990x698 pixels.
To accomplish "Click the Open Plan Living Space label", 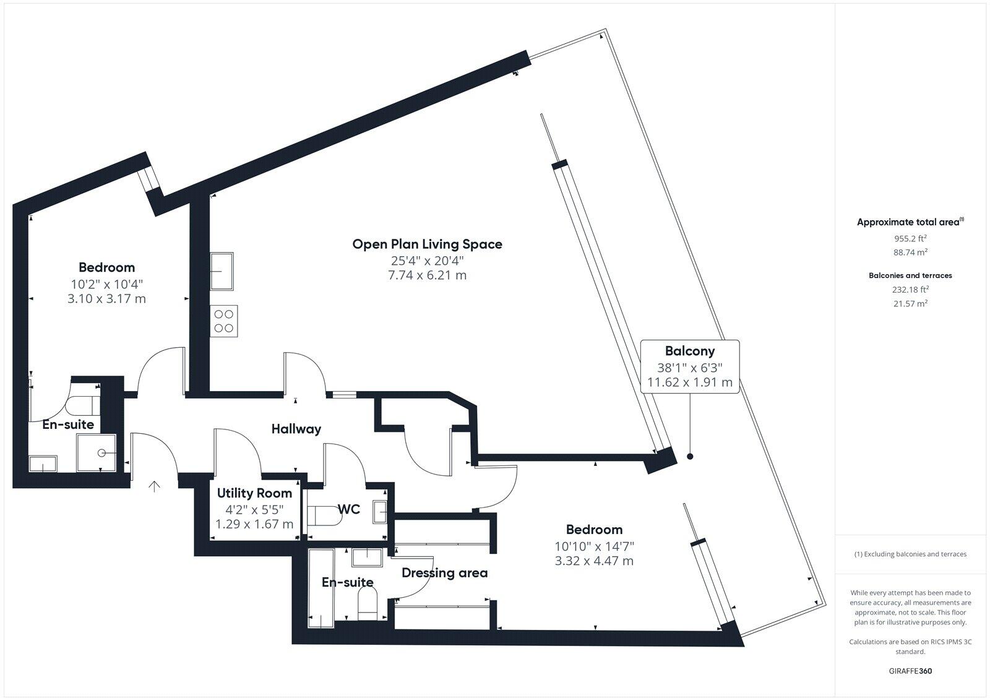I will click(x=427, y=244).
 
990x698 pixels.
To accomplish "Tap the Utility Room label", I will click(x=254, y=493).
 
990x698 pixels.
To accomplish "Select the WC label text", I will click(x=349, y=509).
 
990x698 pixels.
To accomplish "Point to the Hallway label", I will click(x=296, y=428).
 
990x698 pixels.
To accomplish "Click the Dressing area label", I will click(x=444, y=573).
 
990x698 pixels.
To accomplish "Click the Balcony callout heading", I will click(x=689, y=351).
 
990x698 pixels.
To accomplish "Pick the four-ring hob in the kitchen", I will click(x=223, y=321).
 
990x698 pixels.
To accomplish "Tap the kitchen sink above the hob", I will click(x=222, y=271).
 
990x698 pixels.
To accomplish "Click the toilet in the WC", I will click(x=324, y=515).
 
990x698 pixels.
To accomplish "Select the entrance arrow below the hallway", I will click(x=154, y=487).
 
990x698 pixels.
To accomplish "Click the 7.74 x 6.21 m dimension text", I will click(x=427, y=275).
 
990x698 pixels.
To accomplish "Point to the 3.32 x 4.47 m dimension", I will click(x=594, y=561).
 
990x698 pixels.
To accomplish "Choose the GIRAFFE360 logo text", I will click(x=910, y=671).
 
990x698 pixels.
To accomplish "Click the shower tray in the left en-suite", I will click(x=96, y=452).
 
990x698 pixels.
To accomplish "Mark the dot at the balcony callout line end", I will click(x=690, y=457).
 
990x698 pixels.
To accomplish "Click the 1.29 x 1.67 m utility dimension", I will click(x=254, y=525).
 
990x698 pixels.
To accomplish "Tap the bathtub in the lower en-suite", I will click(x=320, y=588).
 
